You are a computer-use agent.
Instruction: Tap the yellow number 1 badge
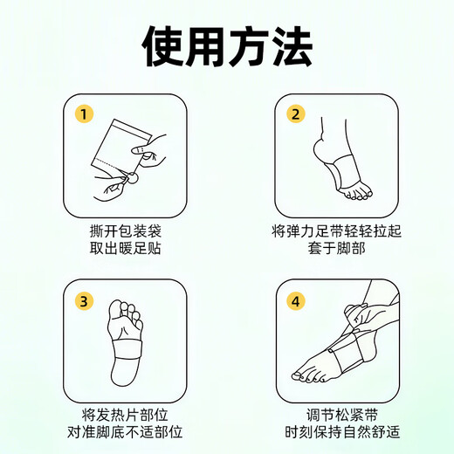85,114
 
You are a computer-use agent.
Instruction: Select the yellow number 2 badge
296,114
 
